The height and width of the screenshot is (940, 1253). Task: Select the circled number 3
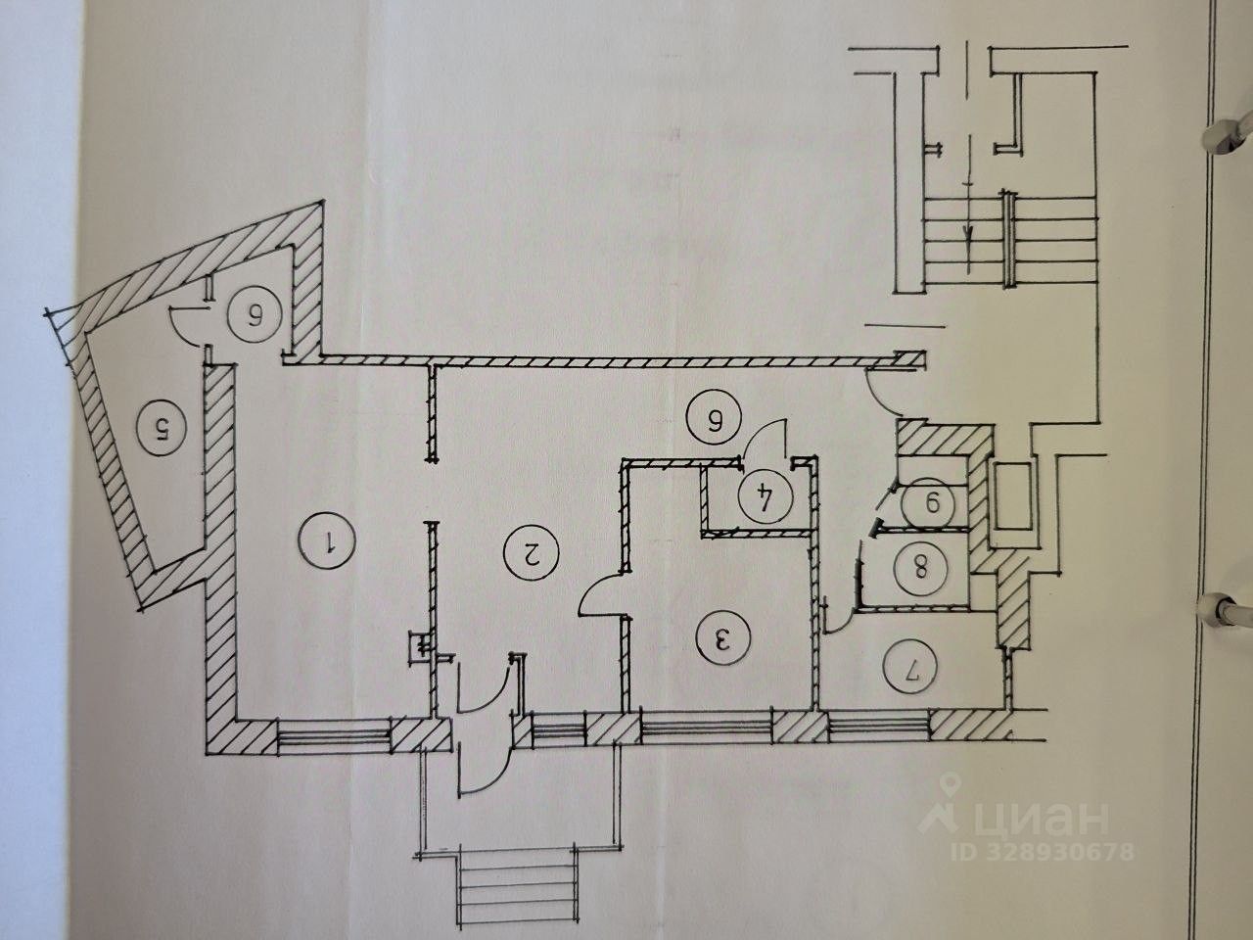[722, 638]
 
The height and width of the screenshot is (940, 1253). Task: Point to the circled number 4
[761, 498]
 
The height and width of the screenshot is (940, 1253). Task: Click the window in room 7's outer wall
[879, 726]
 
